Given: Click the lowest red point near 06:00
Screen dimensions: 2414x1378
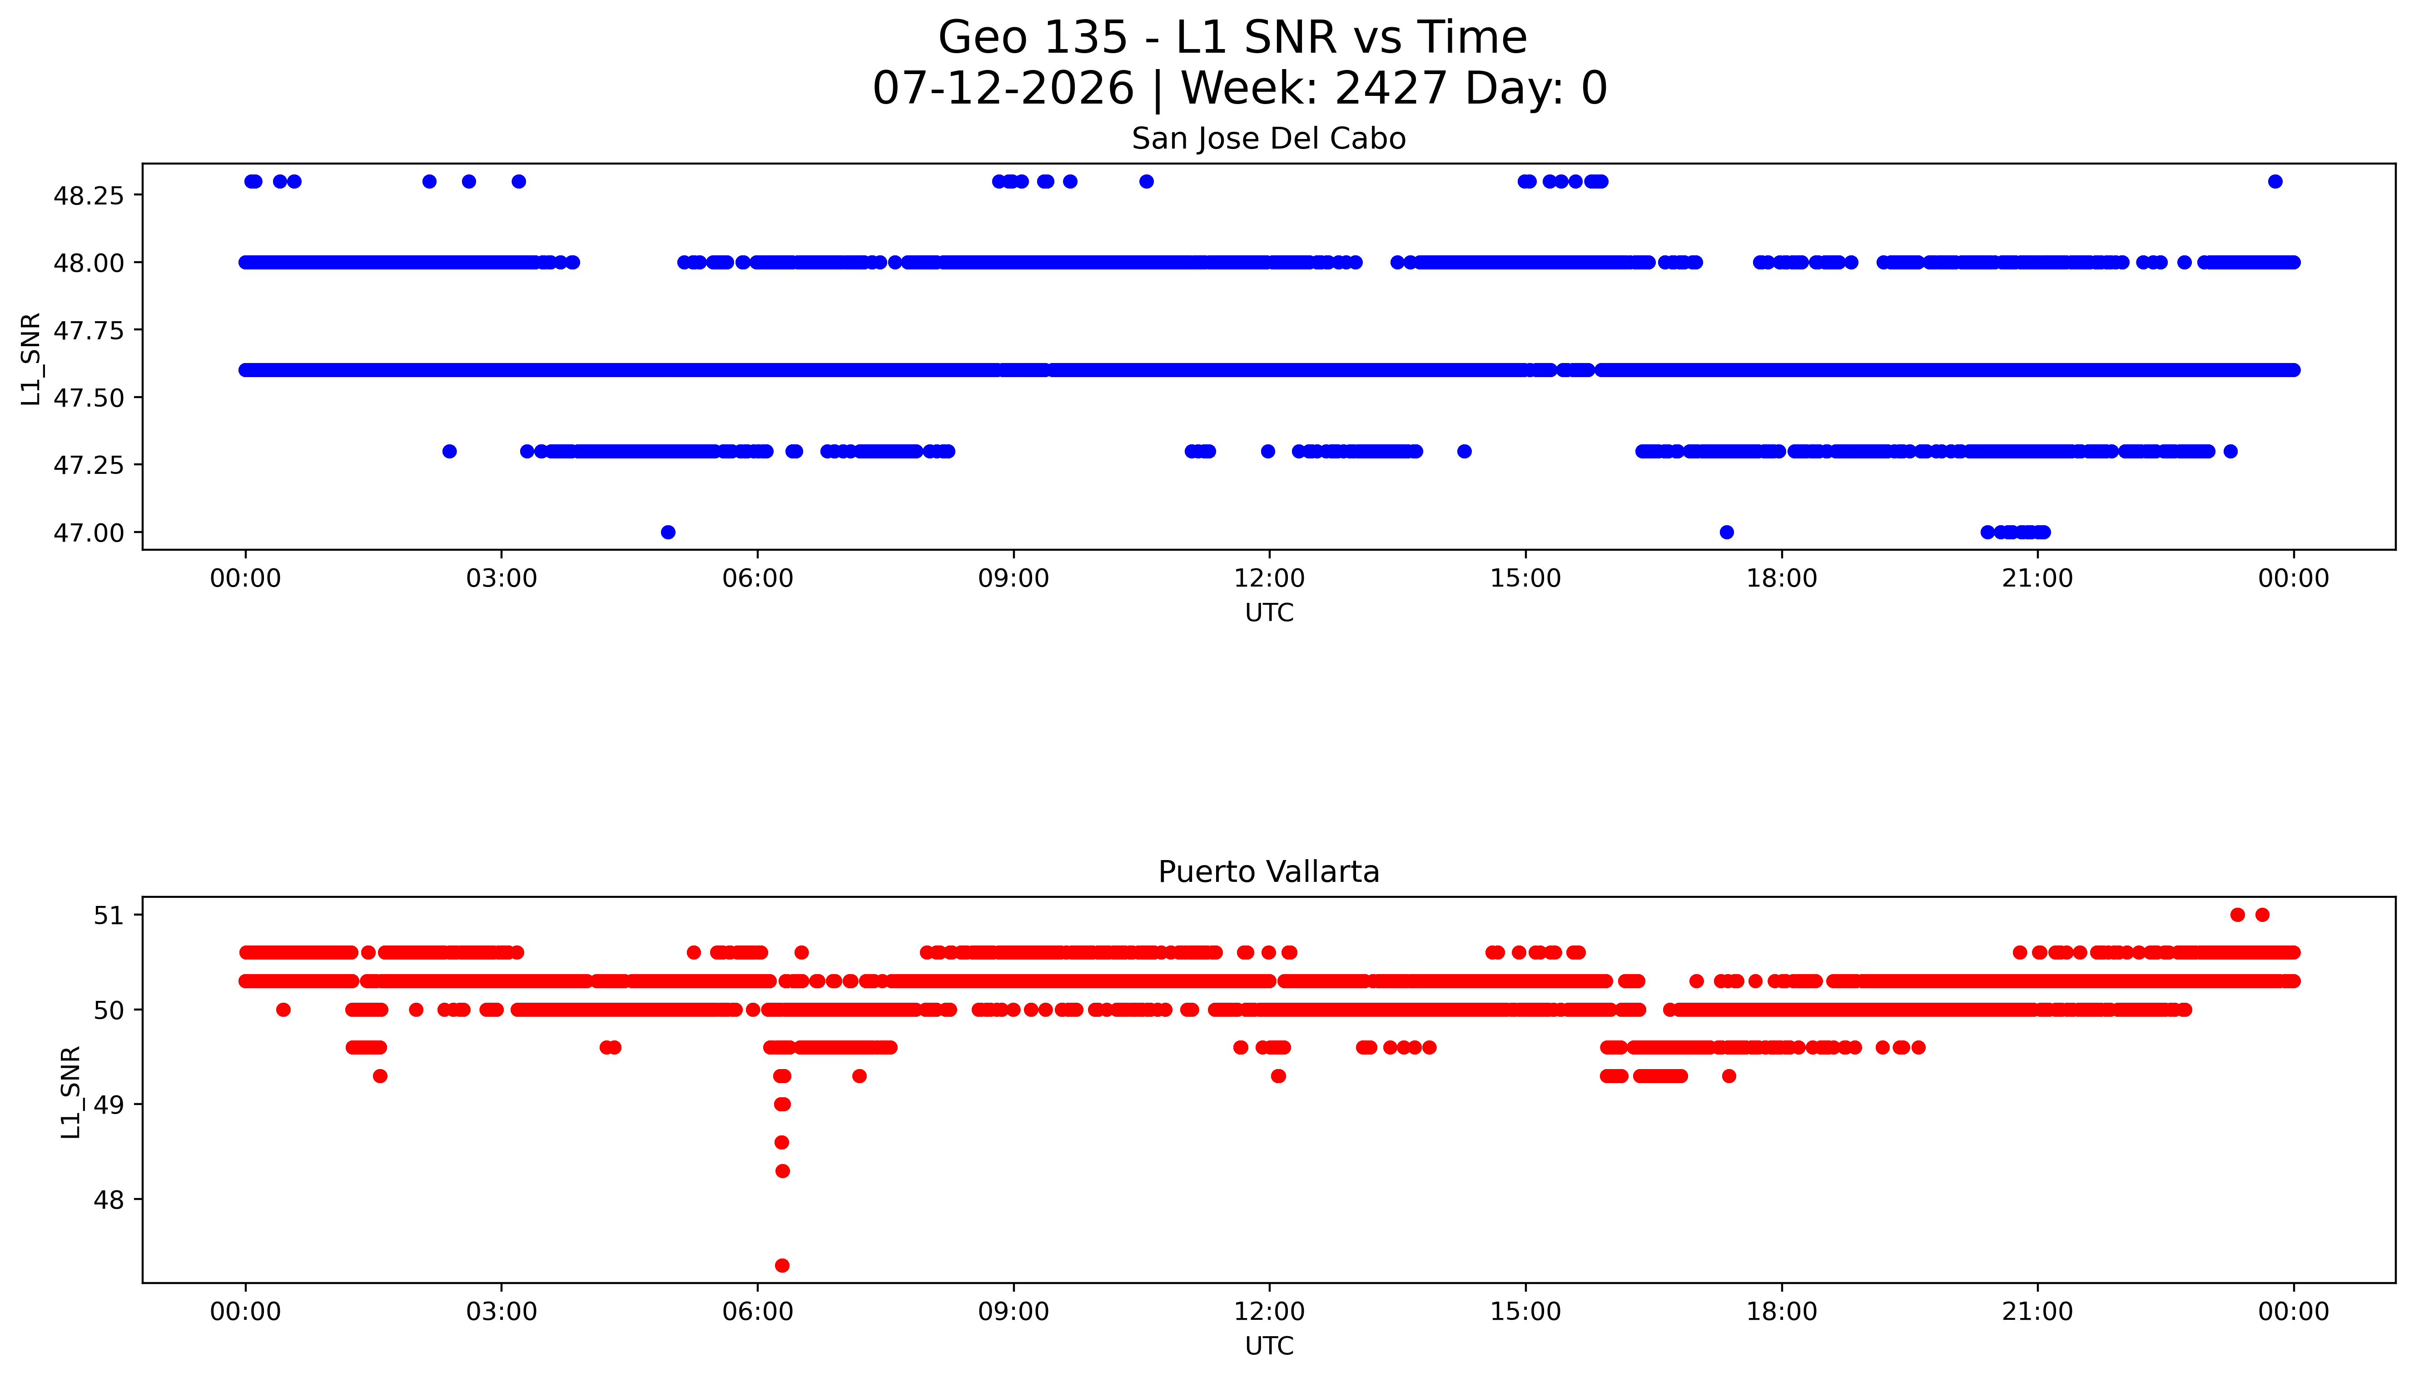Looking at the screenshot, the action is pyautogui.click(x=782, y=1265).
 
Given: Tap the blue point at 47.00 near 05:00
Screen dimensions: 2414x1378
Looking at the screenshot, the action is pyautogui.click(x=668, y=532).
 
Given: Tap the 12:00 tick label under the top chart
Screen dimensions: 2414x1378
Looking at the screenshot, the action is pyautogui.click(x=1269, y=578).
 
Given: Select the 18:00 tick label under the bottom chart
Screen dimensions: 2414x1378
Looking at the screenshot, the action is pyautogui.click(x=1781, y=1312).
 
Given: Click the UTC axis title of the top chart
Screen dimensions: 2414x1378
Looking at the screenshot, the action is pyautogui.click(x=1269, y=613).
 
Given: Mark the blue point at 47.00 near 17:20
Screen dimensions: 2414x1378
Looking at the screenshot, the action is pyautogui.click(x=1726, y=532).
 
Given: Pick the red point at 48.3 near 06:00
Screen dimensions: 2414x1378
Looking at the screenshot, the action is pyautogui.click(x=782, y=1171).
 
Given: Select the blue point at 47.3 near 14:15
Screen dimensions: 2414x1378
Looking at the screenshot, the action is pyautogui.click(x=1464, y=452).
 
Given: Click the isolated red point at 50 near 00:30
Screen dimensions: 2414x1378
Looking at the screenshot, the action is pyautogui.click(x=283, y=1010).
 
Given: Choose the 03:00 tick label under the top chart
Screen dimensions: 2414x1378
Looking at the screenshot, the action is pyautogui.click(x=502, y=578).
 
